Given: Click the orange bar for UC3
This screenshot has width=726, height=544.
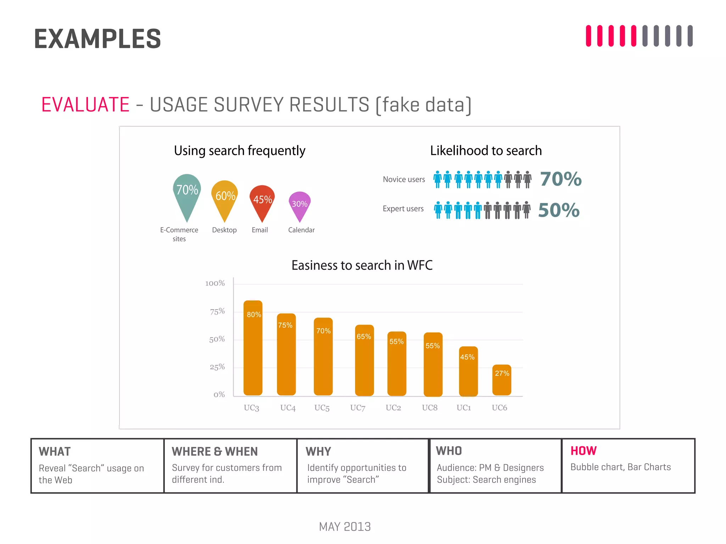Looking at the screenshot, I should coord(253,349).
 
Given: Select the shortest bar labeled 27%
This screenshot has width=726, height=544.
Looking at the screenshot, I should coord(502,381).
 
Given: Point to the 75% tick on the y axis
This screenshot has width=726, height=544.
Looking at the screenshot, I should coord(217,311).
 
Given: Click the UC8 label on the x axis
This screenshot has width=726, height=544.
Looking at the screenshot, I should coord(430,408).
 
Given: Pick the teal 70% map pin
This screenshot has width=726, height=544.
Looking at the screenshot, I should coord(187,193).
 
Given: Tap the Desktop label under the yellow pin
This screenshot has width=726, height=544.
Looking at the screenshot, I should coord(224,230).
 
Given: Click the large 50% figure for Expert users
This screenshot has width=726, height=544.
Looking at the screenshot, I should coord(559,210).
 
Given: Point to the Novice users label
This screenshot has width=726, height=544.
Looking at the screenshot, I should coord(404,179).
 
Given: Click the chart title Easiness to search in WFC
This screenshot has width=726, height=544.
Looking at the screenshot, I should coord(362,265).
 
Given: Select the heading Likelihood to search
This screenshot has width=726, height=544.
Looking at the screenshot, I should coord(486,151).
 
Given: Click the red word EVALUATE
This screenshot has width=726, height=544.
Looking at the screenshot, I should coord(85,104).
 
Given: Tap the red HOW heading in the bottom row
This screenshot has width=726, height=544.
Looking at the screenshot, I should coord(583,450).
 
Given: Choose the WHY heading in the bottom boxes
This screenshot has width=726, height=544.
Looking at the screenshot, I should coord(318,451).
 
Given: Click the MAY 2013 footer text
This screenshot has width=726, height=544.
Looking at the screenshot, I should coord(345,527).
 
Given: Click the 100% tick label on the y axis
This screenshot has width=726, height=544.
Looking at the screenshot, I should coord(215,283).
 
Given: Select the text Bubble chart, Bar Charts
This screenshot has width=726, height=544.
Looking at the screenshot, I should coord(620,467).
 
